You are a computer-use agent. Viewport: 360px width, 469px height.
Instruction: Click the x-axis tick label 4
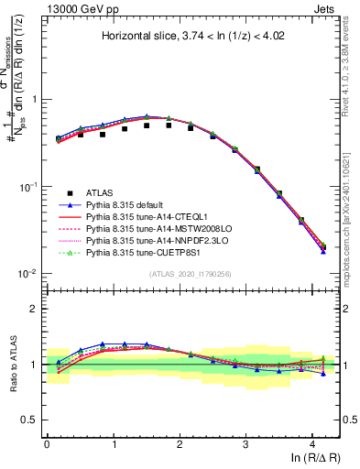[x=312, y=444]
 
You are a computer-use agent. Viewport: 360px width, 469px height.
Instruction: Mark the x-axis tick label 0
[x=47, y=444]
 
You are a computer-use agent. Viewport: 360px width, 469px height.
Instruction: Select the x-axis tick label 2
[x=180, y=444]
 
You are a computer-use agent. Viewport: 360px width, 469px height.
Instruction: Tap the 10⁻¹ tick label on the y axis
[x=28, y=187]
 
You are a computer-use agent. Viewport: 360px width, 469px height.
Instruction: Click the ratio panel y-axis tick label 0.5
[x=30, y=420]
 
